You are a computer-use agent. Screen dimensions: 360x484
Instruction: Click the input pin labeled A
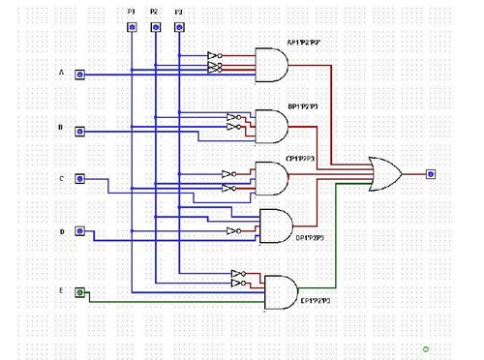click(82, 75)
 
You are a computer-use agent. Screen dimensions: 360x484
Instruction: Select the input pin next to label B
click(82, 131)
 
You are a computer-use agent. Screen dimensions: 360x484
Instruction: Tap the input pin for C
click(82, 179)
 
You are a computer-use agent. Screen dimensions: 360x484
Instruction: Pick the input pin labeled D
click(82, 232)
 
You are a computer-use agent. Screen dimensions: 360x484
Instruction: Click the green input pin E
click(82, 291)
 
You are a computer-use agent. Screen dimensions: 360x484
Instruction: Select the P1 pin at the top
click(132, 27)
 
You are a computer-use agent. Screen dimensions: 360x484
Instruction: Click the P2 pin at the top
click(155, 27)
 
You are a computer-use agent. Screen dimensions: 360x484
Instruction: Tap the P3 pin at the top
click(178, 27)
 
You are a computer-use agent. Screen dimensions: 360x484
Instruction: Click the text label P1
click(132, 11)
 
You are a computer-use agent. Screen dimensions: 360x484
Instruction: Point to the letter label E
click(62, 289)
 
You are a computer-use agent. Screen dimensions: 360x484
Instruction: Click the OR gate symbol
click(388, 173)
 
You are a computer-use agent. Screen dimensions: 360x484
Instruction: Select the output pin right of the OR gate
click(431, 174)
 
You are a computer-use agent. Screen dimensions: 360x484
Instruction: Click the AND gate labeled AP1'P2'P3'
click(270, 65)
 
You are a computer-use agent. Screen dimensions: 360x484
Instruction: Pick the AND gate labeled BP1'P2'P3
click(271, 124)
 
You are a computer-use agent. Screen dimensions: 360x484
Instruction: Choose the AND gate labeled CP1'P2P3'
click(271, 176)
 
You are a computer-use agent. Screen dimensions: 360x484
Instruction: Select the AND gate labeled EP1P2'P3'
click(282, 291)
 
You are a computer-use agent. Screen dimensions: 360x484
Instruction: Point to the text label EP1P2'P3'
click(318, 302)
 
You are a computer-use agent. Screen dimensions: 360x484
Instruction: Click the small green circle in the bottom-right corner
click(426, 346)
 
